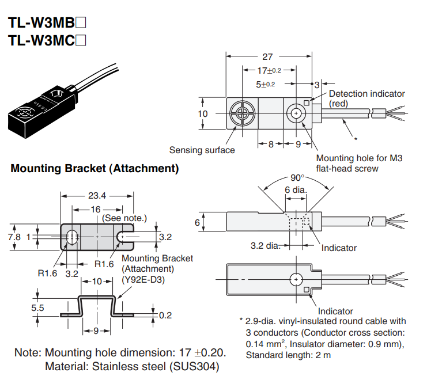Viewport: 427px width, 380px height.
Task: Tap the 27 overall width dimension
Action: (267, 57)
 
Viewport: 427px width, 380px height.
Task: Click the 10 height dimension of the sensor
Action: (202, 113)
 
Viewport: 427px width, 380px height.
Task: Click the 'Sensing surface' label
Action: (202, 150)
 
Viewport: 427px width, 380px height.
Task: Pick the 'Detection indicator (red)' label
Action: (366, 98)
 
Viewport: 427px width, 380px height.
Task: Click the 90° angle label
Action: (297, 177)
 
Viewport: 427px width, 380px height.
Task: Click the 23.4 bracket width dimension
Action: (97, 196)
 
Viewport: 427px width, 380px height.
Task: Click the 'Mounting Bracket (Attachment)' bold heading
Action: (95, 169)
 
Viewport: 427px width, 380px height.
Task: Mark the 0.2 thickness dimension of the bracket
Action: (165, 315)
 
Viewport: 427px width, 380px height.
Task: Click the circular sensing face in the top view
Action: (240, 113)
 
